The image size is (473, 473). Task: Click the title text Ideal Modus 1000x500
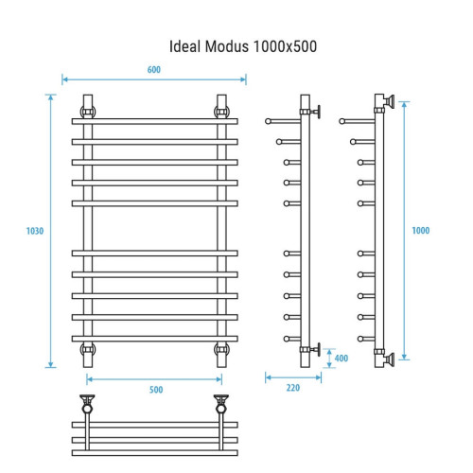[236, 44]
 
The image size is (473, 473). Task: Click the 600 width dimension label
[153, 69]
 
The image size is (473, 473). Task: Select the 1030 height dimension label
[36, 231]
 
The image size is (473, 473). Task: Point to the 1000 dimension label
[421, 231]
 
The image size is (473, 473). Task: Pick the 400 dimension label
[341, 358]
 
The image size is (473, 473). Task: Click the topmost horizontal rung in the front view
[156, 121]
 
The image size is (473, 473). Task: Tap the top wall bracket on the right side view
[388, 102]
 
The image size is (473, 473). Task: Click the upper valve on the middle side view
[319, 111]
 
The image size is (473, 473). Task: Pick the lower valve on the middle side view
[319, 348]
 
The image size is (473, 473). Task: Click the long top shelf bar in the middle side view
[284, 120]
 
